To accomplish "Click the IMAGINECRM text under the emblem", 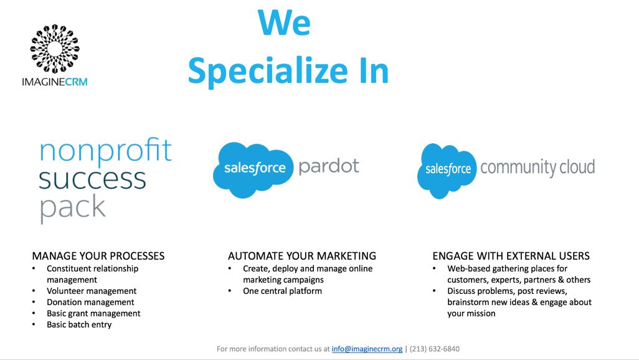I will pyautogui.click(x=54, y=82).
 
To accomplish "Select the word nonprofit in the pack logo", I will pyautogui.click(x=105, y=152).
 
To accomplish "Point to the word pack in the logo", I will pyautogui.click(x=72, y=207).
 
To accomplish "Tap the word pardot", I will pyautogui.click(x=329, y=166).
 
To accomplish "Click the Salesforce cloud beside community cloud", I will pyautogui.click(x=448, y=170).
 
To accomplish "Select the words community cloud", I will pyautogui.click(x=537, y=168).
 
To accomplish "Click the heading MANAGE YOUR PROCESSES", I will pyautogui.click(x=98, y=256).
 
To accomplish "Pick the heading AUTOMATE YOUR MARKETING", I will pyautogui.click(x=302, y=256).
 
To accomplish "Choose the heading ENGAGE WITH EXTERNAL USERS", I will pyautogui.click(x=511, y=256).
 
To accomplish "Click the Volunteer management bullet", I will pyautogui.click(x=92, y=291).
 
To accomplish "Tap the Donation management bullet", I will pyautogui.click(x=90, y=302).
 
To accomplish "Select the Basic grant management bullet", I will pyautogui.click(x=93, y=313).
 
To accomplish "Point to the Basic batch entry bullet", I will pyautogui.click(x=79, y=324).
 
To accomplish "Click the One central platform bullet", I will pyautogui.click(x=282, y=291).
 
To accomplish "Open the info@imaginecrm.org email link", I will pyautogui.click(x=367, y=349).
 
